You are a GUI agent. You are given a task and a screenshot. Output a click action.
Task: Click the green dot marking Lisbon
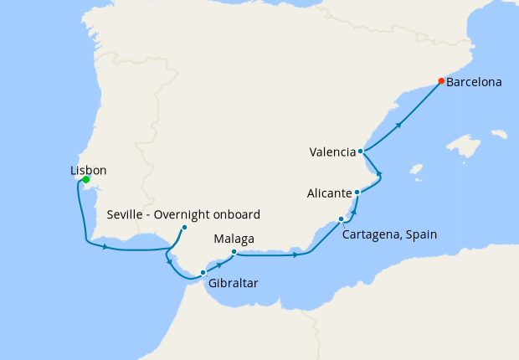tap(85, 178)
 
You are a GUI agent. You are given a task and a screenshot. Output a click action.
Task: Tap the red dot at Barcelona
tap(441, 81)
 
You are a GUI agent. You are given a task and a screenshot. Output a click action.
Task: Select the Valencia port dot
tap(360, 152)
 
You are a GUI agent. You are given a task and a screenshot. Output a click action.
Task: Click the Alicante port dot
tap(357, 193)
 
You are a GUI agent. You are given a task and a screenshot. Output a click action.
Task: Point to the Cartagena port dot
tap(341, 219)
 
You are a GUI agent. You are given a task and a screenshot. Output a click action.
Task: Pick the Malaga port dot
tap(234, 252)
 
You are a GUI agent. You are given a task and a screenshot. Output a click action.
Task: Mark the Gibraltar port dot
tap(203, 272)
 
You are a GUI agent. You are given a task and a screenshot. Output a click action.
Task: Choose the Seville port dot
tap(184, 227)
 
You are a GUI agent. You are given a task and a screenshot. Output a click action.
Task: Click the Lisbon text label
tap(88, 171)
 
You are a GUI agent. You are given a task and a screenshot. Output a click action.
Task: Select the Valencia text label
tap(332, 152)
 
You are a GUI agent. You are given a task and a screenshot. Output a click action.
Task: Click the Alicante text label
tap(329, 193)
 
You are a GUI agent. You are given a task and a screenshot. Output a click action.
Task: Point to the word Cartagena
tap(372, 234)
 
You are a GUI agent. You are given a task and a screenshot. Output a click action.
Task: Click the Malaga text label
tap(234, 239)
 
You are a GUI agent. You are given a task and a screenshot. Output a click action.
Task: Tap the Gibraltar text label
tap(233, 283)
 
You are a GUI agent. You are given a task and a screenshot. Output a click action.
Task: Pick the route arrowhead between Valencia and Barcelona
tap(399, 125)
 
